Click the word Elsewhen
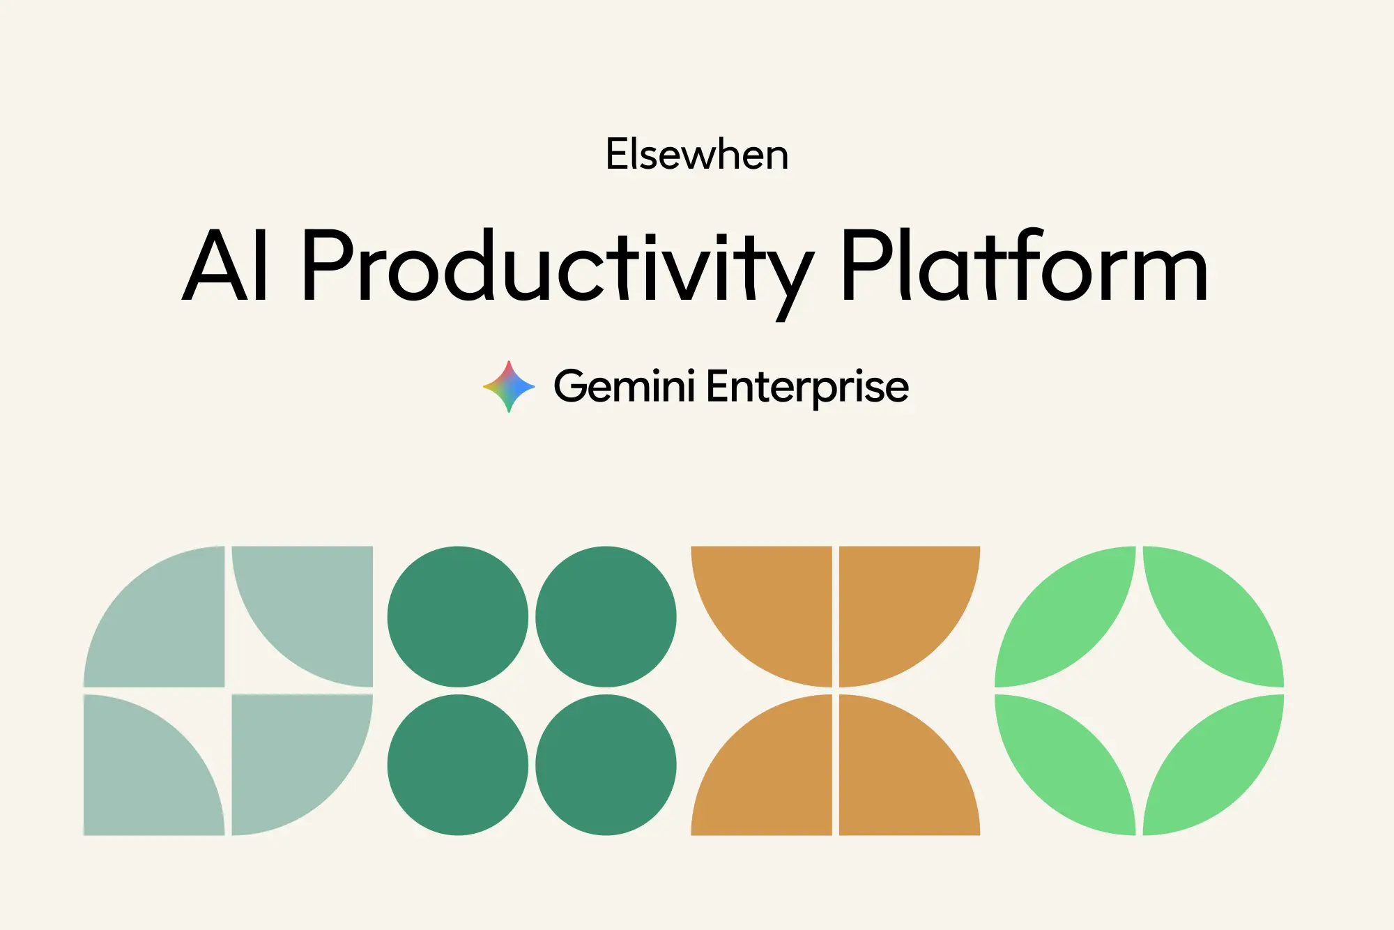pyautogui.click(x=697, y=154)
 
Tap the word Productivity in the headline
pyautogui.click(x=558, y=272)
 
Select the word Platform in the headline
pyautogui.click(x=1025, y=266)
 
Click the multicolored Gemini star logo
pyautogui.click(x=509, y=386)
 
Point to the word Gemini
pyautogui.click(x=624, y=386)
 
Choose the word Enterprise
pyautogui.click(x=807, y=388)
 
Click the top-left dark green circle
pyautogui.click(x=458, y=616)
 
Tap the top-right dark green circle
pyautogui.click(x=606, y=616)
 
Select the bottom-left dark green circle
pyautogui.click(x=458, y=765)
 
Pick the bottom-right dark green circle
pyautogui.click(x=606, y=765)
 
